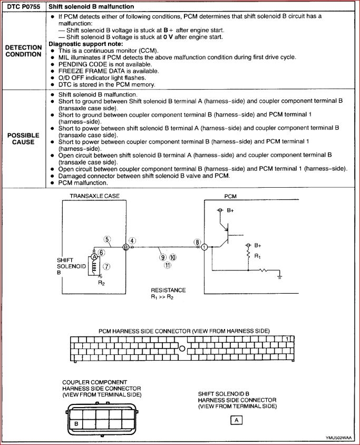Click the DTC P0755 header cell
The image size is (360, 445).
pos(23,6)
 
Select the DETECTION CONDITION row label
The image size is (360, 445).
pos(23,51)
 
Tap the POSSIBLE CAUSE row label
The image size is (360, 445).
pos(23,138)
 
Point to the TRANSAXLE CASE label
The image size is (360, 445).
pos(95,196)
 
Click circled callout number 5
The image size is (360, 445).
pos(107,239)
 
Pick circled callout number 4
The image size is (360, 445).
pos(132,241)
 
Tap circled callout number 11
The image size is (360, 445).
pos(168,265)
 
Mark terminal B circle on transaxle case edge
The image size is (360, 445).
pos(125,247)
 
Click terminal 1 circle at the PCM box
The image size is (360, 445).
pos(205,247)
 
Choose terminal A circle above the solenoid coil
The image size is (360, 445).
pos(94,257)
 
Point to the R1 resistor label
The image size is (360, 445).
pos(257,256)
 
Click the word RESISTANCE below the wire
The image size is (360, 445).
pos(168,290)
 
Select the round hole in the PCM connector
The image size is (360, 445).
pos(181,349)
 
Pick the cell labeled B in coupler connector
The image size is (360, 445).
pos(76,423)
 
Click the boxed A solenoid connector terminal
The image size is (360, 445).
pos(237,420)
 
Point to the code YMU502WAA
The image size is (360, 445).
pos(339,438)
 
